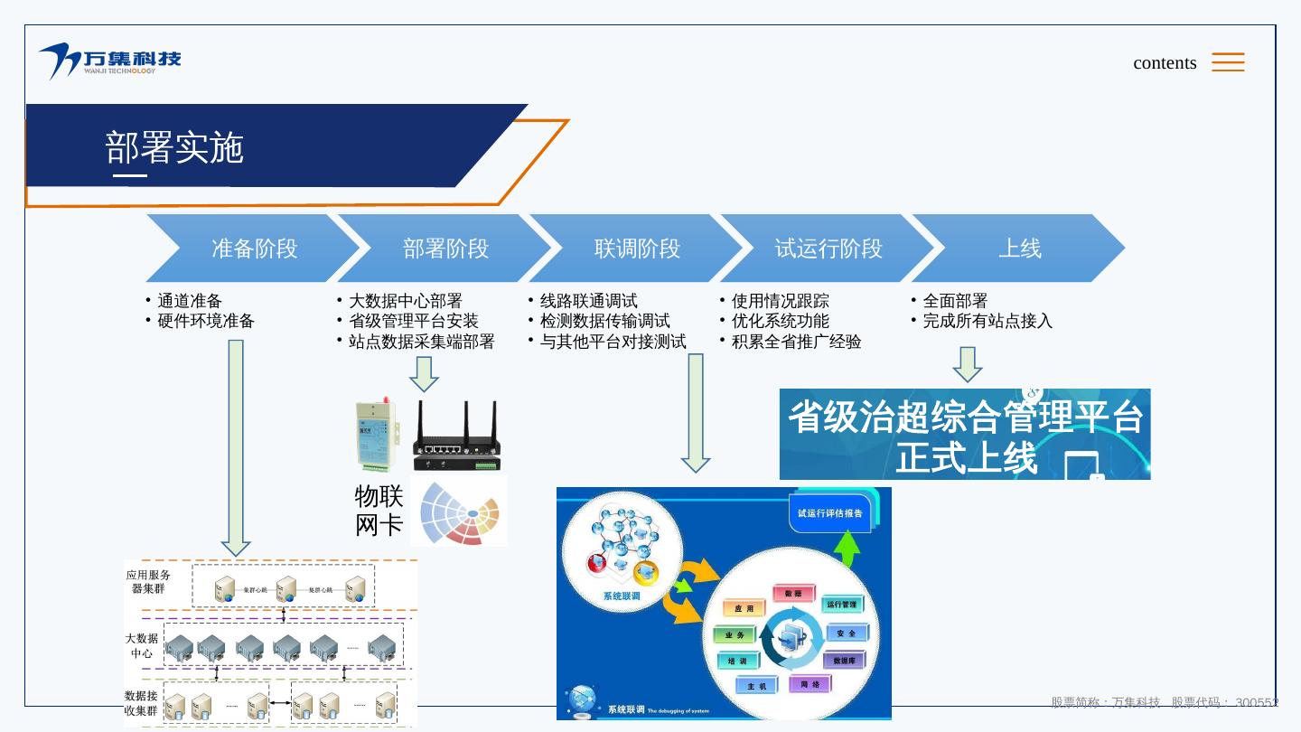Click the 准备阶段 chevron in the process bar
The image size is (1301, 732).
(254, 249)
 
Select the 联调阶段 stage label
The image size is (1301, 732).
(637, 249)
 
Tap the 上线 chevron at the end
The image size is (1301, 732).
(1019, 249)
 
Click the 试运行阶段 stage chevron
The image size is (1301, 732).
(828, 249)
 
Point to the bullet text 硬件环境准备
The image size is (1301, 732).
(206, 321)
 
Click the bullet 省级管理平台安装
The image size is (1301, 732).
(414, 321)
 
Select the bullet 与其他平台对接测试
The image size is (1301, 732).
(613, 342)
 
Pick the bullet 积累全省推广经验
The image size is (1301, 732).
(797, 342)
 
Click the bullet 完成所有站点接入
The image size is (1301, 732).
(987, 321)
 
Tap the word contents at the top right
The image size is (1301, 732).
(1165, 63)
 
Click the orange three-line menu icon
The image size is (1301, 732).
(1228, 61)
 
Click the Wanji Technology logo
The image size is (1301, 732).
(109, 61)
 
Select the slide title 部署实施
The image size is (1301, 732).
(174, 148)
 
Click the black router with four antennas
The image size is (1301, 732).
(455, 436)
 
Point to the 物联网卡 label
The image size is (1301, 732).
(379, 510)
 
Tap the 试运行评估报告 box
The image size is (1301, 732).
(829, 513)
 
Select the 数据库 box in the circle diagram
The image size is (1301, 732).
(844, 661)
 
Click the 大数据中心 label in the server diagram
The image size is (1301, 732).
(141, 645)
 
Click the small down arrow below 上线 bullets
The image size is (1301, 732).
(968, 363)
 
